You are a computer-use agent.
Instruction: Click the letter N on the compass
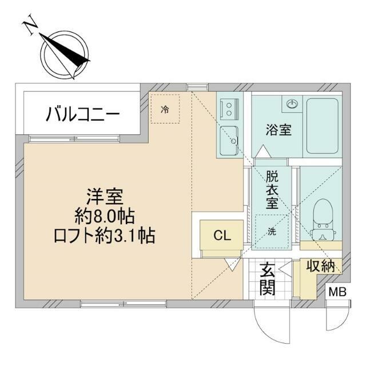point(32,27)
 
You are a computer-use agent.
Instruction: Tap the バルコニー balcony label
point(83,114)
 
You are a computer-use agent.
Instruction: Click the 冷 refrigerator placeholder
point(165,109)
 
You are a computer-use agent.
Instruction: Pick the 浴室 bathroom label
point(278,130)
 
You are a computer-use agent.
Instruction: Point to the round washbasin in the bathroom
point(293,104)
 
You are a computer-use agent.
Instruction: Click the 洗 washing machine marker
point(272,231)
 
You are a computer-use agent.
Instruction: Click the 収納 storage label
point(319,266)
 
